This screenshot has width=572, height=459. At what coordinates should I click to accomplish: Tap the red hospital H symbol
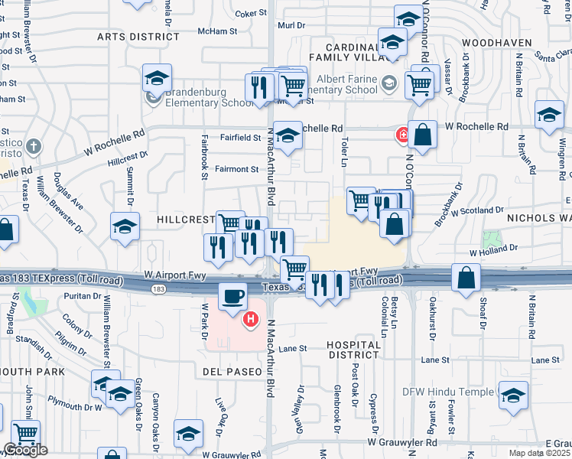coord(249,319)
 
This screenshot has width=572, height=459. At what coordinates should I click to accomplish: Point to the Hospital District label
coord(353,350)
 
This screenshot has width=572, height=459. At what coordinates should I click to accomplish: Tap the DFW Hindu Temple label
coord(449,392)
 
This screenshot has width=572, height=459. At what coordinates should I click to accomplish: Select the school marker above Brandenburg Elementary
coord(157,78)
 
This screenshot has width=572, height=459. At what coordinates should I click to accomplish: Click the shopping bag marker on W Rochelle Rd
coord(422,135)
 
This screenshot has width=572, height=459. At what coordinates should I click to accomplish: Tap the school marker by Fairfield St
coord(288,136)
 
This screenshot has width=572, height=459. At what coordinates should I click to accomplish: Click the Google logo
coord(24,450)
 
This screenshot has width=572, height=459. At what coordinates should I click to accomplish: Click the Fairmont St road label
coord(237,169)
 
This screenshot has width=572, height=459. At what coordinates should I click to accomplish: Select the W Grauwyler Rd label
coord(401,442)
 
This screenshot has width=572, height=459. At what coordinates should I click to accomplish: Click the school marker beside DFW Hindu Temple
coord(514,395)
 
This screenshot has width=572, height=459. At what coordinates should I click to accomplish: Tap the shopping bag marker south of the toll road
coord(466,278)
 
